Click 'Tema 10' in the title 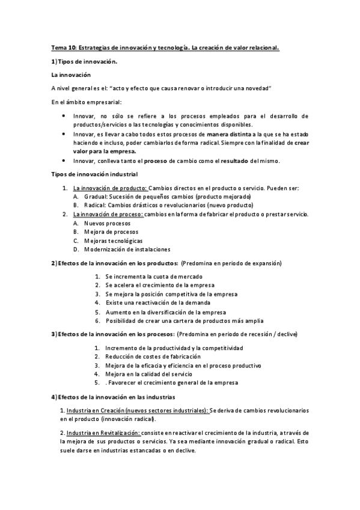click(61, 47)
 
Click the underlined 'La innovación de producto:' click(110, 188)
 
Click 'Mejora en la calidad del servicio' click(152, 373)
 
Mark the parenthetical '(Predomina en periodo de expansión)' click(231, 263)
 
